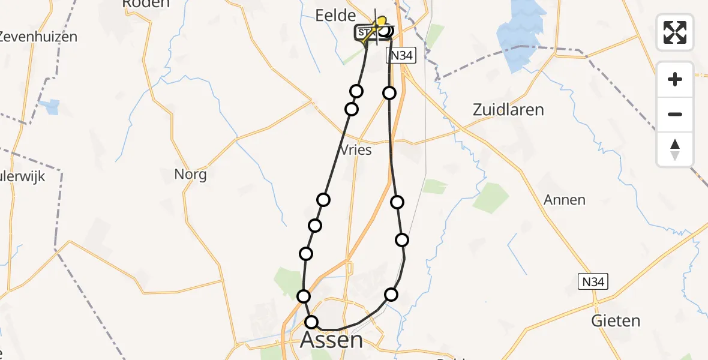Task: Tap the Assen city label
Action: [x=331, y=340]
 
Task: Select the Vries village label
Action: [x=355, y=150]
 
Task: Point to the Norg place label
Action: [x=190, y=175]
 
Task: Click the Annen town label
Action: [x=564, y=200]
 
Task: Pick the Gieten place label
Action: [x=616, y=320]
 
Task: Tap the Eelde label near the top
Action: [x=336, y=16]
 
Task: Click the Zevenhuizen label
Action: [x=38, y=37]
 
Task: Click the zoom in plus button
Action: [x=675, y=79]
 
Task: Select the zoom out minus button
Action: [x=675, y=114]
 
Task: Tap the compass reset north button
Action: [x=675, y=149]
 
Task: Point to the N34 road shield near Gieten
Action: [x=592, y=282]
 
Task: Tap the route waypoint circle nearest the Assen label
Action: [x=311, y=322]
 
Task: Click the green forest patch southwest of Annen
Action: [x=490, y=198]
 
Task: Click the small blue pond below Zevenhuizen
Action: [x=51, y=107]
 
